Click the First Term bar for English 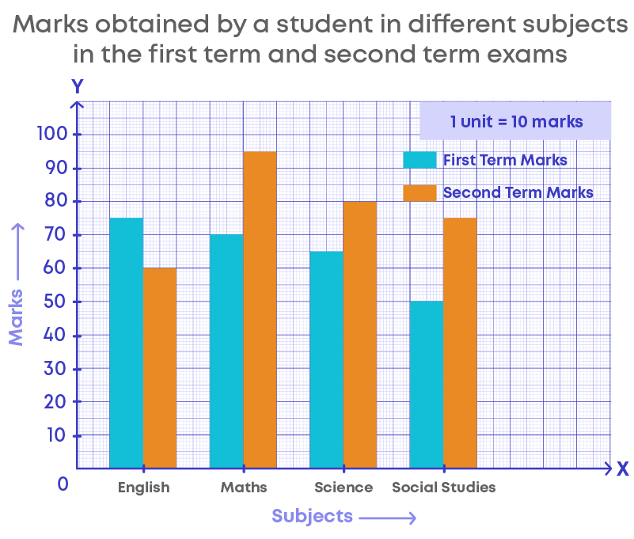point(127,343)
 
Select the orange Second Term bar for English point(160,368)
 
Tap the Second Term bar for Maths point(260,309)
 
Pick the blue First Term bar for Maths point(226,351)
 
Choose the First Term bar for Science point(326,359)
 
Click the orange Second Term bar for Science point(359,335)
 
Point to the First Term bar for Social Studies point(427,385)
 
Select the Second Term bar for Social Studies point(460,343)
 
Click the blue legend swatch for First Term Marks point(420,160)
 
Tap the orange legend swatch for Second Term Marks point(420,192)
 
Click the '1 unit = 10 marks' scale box point(516,122)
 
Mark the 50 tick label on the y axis point(57,302)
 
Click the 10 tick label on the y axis point(57,435)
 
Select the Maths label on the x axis point(244,487)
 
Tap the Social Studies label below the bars point(444,487)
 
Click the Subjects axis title point(312,516)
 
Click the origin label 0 point(63,484)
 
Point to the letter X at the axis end point(622,469)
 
